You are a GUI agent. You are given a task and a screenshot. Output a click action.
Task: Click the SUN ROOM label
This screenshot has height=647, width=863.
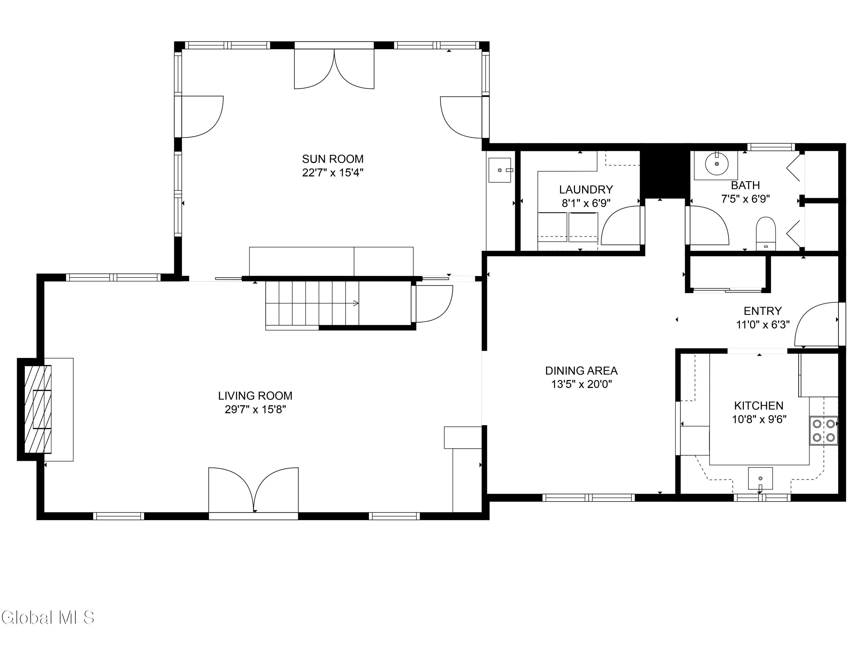pyautogui.click(x=333, y=159)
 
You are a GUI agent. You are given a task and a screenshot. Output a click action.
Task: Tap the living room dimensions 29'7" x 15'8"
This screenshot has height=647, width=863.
pyautogui.click(x=255, y=409)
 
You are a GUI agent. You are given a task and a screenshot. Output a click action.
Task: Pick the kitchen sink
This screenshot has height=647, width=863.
pyautogui.click(x=760, y=478)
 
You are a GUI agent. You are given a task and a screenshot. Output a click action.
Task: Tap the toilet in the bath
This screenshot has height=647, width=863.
pyautogui.click(x=766, y=233)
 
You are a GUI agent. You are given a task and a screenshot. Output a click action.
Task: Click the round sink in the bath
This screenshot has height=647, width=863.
pyautogui.click(x=717, y=164)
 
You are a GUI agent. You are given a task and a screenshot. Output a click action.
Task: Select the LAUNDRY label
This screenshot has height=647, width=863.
pyautogui.click(x=586, y=189)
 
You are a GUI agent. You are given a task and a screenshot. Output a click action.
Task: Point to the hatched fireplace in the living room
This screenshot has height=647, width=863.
pyautogui.click(x=38, y=409)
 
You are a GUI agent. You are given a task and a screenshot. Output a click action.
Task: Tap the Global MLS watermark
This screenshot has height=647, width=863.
pyautogui.click(x=47, y=617)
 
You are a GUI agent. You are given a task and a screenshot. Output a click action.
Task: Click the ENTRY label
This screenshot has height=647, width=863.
pyautogui.click(x=763, y=311)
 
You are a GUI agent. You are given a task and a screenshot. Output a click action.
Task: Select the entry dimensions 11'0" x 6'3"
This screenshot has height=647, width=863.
pyautogui.click(x=763, y=324)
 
